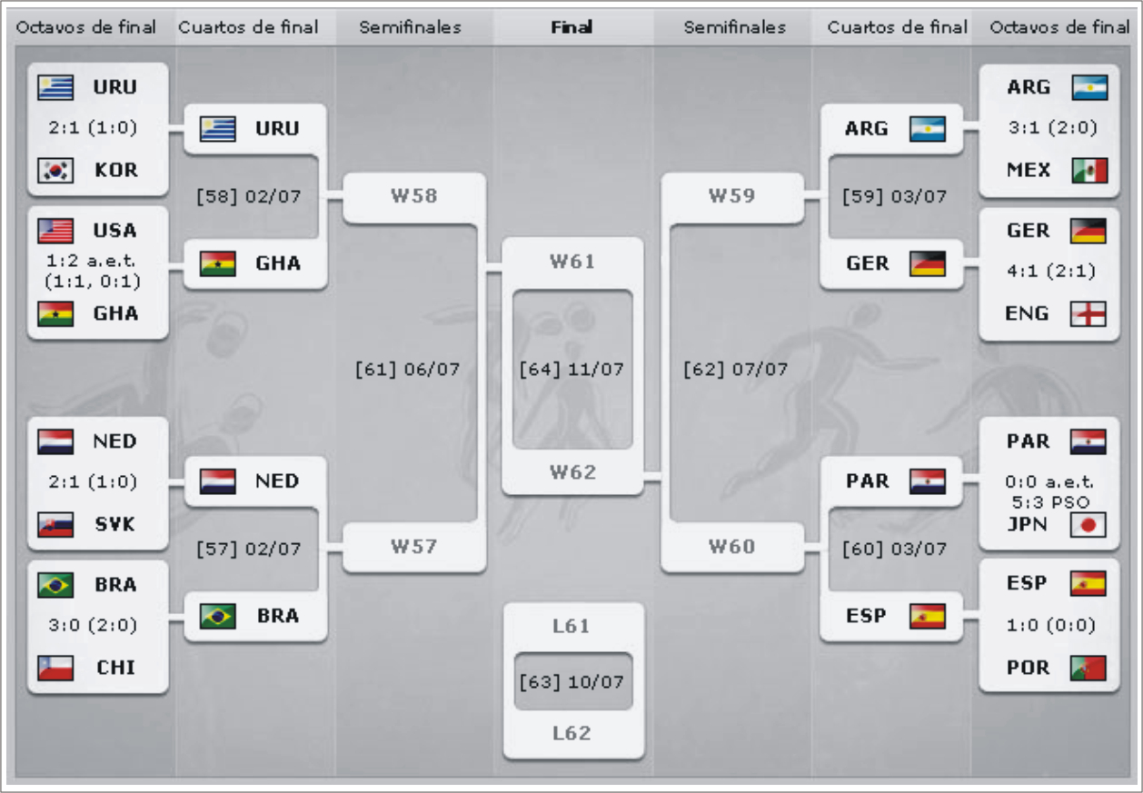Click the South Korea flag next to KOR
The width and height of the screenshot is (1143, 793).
point(55,171)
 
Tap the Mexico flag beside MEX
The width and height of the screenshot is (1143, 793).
point(1088,171)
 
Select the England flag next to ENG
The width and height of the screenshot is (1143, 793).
point(1088,314)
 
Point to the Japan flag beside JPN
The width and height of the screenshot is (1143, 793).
point(1088,525)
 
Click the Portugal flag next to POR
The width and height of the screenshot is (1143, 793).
point(1088,668)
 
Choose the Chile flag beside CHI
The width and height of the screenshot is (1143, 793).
point(55,668)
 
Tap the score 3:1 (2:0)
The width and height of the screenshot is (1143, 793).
point(1051,128)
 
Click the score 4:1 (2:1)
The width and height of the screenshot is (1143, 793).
point(1051,272)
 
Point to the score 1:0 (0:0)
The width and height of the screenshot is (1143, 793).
point(1051,626)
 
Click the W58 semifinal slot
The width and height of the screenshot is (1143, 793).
point(413,196)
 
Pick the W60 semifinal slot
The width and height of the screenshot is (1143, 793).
point(731,547)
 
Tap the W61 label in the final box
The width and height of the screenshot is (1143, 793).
point(572,263)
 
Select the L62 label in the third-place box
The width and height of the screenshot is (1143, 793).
point(572,733)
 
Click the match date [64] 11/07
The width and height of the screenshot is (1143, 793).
point(572,370)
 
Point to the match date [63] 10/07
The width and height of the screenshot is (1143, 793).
point(572,681)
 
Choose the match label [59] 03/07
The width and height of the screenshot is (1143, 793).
point(894,196)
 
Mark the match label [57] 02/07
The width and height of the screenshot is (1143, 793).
point(249,550)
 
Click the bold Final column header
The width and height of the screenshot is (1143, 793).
point(572,27)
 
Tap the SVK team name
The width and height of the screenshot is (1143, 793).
point(114,525)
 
